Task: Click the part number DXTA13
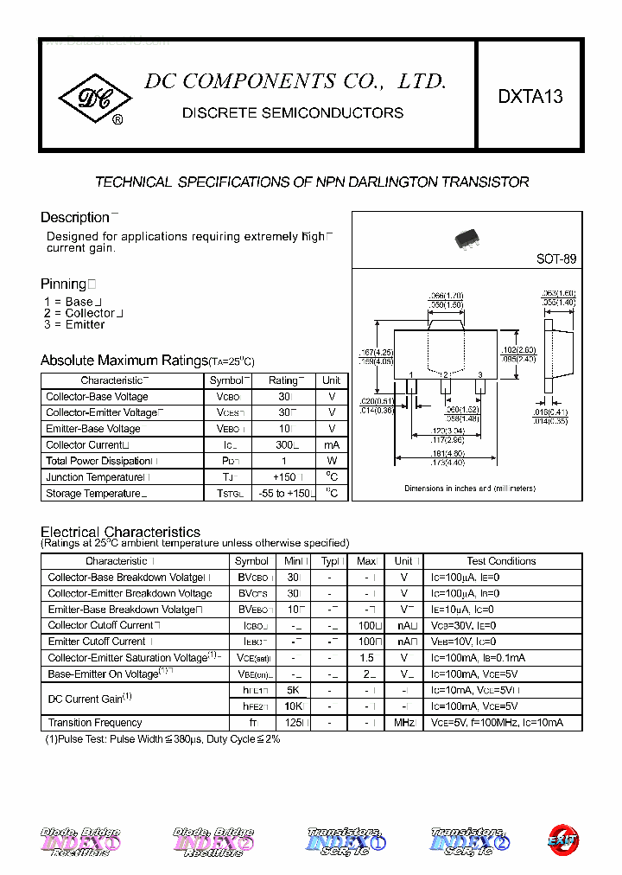pyautogui.click(x=530, y=97)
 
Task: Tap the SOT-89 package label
pyautogui.click(x=556, y=259)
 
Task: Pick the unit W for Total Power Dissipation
pyautogui.click(x=332, y=461)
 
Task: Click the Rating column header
pyautogui.click(x=284, y=380)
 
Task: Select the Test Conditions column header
pyautogui.click(x=501, y=561)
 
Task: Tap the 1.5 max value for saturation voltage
pyautogui.click(x=367, y=658)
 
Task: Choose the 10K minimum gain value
pyautogui.click(x=292, y=706)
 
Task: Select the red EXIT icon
pyautogui.click(x=562, y=840)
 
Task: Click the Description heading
pyautogui.click(x=75, y=218)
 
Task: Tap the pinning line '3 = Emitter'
pyautogui.click(x=74, y=325)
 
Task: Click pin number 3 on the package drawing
pyautogui.click(x=479, y=374)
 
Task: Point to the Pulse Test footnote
pyautogui.click(x=162, y=739)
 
